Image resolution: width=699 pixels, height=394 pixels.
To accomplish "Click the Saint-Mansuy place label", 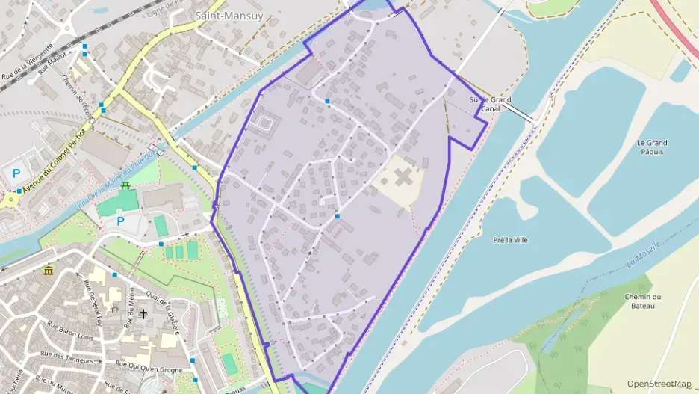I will coord(229,15).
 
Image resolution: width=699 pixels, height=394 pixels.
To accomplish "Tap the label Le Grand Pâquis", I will coord(651,147).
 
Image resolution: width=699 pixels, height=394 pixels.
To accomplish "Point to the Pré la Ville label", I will coord(510,240).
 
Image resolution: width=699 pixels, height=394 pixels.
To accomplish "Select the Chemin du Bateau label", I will coord(643,301).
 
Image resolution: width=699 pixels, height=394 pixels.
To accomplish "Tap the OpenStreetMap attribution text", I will coord(659,384).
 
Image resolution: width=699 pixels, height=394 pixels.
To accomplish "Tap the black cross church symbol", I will coord(143,314).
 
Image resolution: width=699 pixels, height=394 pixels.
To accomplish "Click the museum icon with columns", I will coord(49,270).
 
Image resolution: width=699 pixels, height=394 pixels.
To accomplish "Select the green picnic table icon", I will coord(126,185).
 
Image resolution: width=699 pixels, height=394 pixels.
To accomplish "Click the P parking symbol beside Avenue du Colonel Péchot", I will coord(16,173).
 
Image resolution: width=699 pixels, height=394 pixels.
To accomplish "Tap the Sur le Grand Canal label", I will coord(490,104).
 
